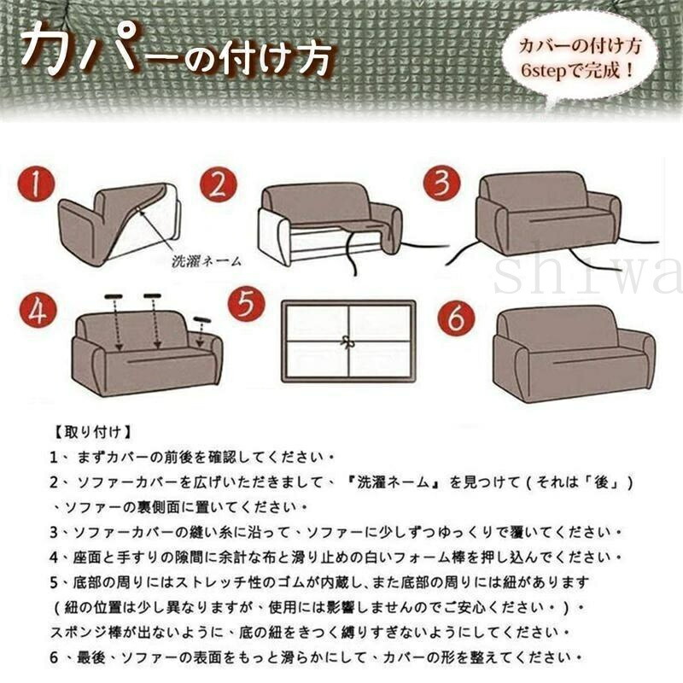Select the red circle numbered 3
coord(442,183)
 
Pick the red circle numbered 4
coord(38,312)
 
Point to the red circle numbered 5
coord(247,303)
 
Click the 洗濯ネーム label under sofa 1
coord(207,261)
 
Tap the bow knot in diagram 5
coord(347,342)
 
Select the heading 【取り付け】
coord(92,432)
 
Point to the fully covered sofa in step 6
coord(573,353)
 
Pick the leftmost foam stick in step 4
coord(114,297)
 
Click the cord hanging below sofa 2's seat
coord(352,253)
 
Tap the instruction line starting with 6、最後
coord(316,657)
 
